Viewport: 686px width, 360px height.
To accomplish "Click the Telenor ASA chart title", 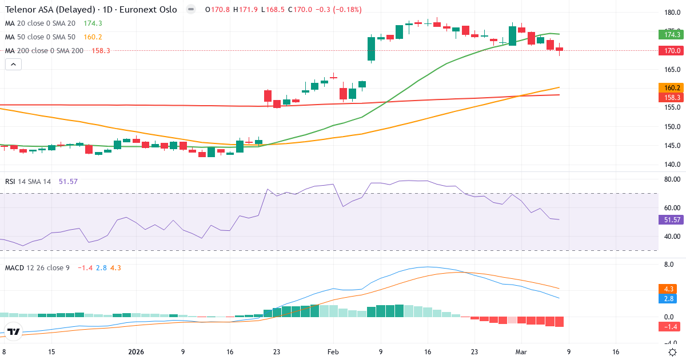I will click(x=91, y=10).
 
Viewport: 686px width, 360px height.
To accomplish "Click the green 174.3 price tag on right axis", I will click(x=672, y=34).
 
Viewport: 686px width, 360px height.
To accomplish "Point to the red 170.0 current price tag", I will click(x=672, y=50).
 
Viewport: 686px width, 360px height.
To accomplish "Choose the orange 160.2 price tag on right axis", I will click(x=672, y=87).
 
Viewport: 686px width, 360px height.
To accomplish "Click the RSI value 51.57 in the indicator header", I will click(x=68, y=181).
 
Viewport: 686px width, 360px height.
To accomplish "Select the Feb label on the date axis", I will click(x=333, y=352).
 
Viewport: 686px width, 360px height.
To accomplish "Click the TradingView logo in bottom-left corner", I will click(x=14, y=331).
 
